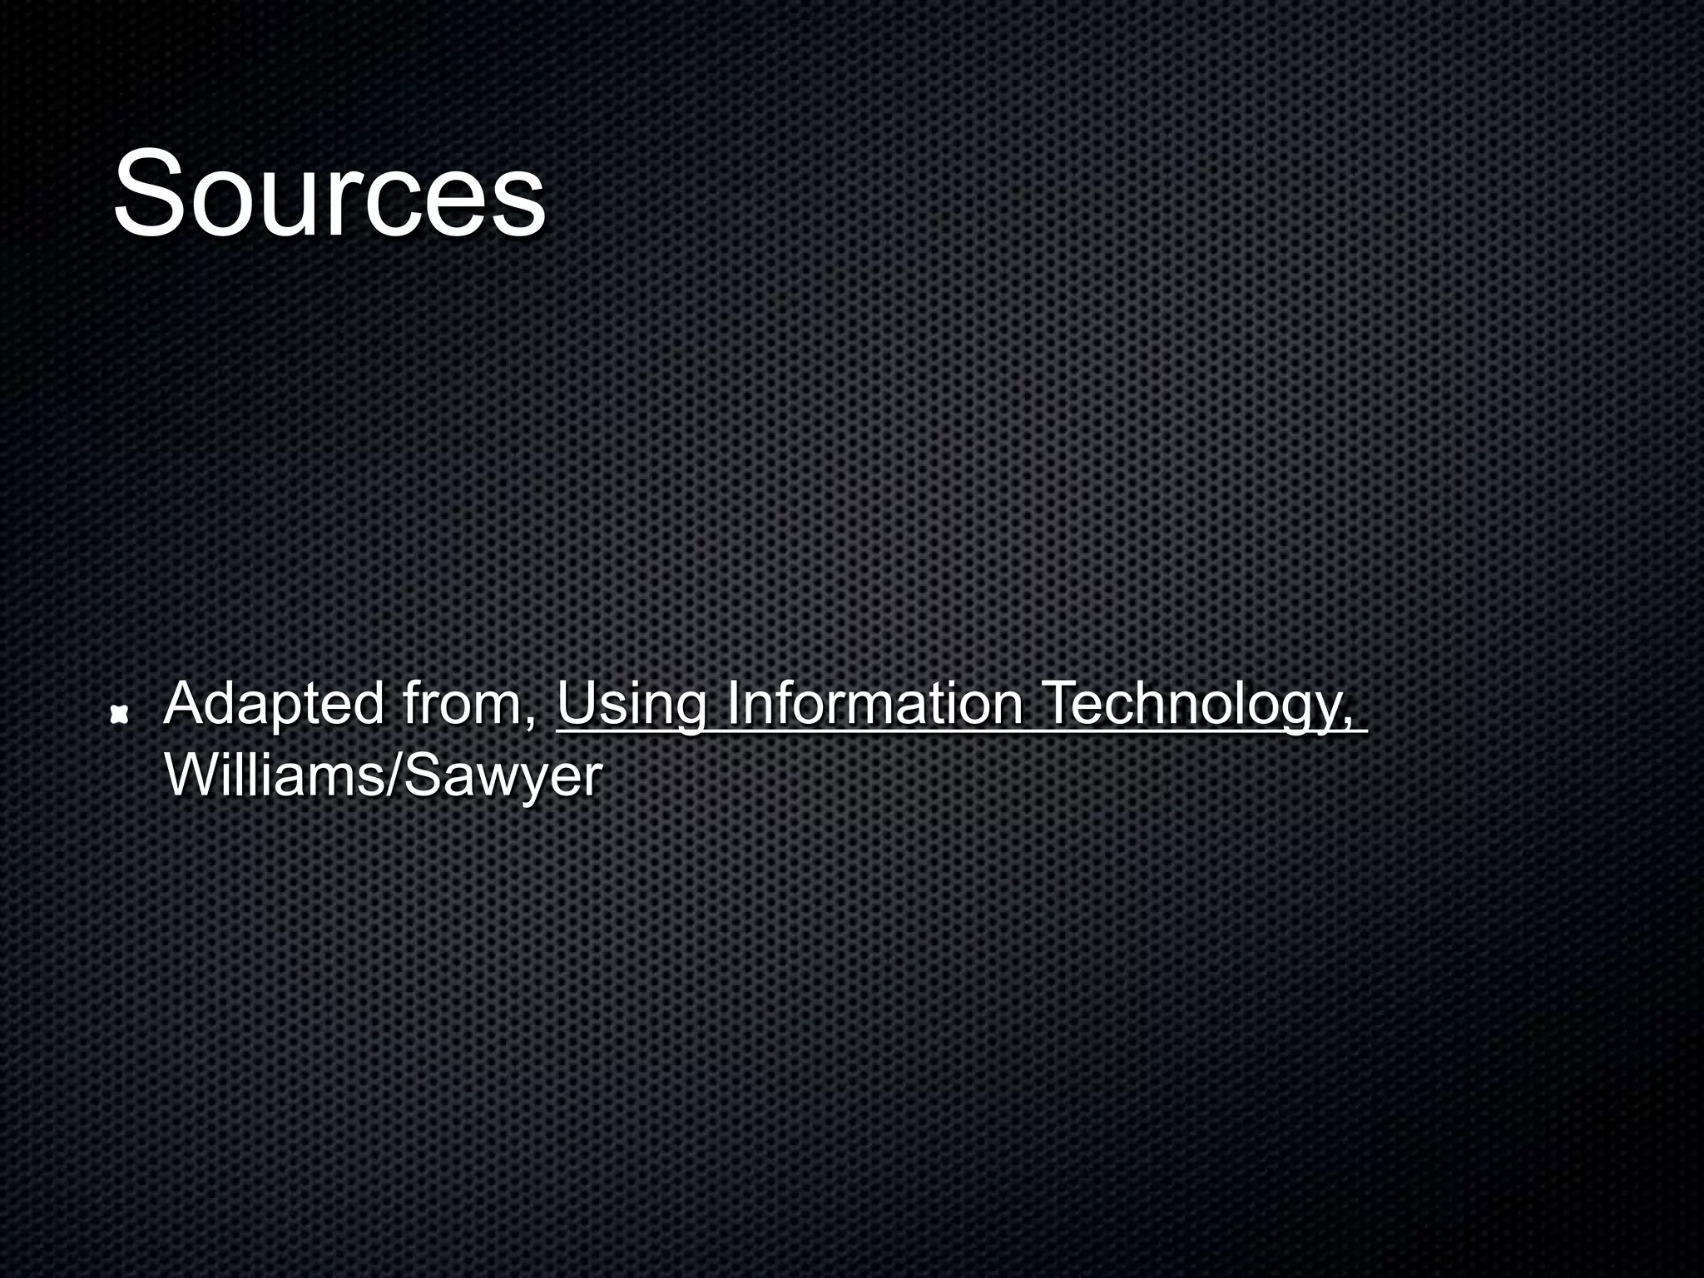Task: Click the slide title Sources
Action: tap(329, 193)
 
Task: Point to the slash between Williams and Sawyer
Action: tap(394, 775)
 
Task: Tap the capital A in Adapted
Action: tap(185, 703)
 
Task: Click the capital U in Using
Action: tap(576, 703)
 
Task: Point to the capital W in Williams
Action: tap(190, 775)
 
